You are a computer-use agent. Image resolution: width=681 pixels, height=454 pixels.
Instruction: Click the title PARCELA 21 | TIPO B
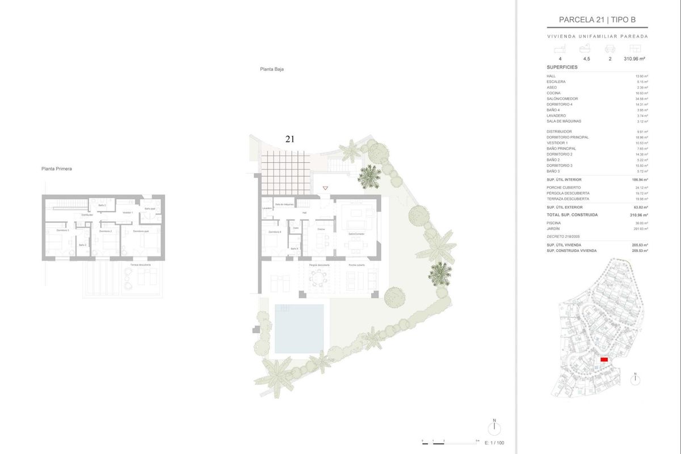(x=596, y=20)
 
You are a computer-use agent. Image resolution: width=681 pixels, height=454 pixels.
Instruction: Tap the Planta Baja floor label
(x=272, y=69)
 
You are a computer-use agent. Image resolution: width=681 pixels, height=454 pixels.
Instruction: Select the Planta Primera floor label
(x=57, y=169)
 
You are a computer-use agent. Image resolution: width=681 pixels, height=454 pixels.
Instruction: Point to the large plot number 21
(x=291, y=138)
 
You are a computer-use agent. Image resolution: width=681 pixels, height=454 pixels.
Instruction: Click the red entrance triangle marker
(x=325, y=188)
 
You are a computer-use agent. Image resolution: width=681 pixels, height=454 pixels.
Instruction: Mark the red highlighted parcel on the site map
(x=604, y=360)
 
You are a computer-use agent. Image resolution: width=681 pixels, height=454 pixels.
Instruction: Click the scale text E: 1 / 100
(x=493, y=443)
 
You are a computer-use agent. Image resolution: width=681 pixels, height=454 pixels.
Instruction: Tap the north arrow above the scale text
(x=494, y=427)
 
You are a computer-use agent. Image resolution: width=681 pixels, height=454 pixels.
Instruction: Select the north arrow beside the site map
(x=636, y=379)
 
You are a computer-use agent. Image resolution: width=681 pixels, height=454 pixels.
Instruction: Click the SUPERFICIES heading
(x=562, y=67)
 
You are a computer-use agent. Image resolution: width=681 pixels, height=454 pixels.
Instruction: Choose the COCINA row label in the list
(x=553, y=93)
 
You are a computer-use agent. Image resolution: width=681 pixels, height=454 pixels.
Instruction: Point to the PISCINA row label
(x=553, y=223)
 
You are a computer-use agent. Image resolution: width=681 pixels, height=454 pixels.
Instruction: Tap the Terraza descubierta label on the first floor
(x=140, y=265)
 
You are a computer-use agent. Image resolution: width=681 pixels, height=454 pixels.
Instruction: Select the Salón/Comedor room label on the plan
(x=357, y=233)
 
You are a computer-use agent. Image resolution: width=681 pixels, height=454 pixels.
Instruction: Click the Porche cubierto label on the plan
(x=356, y=265)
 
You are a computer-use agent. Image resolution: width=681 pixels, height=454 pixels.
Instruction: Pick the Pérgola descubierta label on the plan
(x=320, y=265)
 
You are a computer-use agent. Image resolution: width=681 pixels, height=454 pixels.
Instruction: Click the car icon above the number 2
(x=610, y=49)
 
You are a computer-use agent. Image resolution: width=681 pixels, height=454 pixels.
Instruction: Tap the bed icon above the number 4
(x=560, y=49)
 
